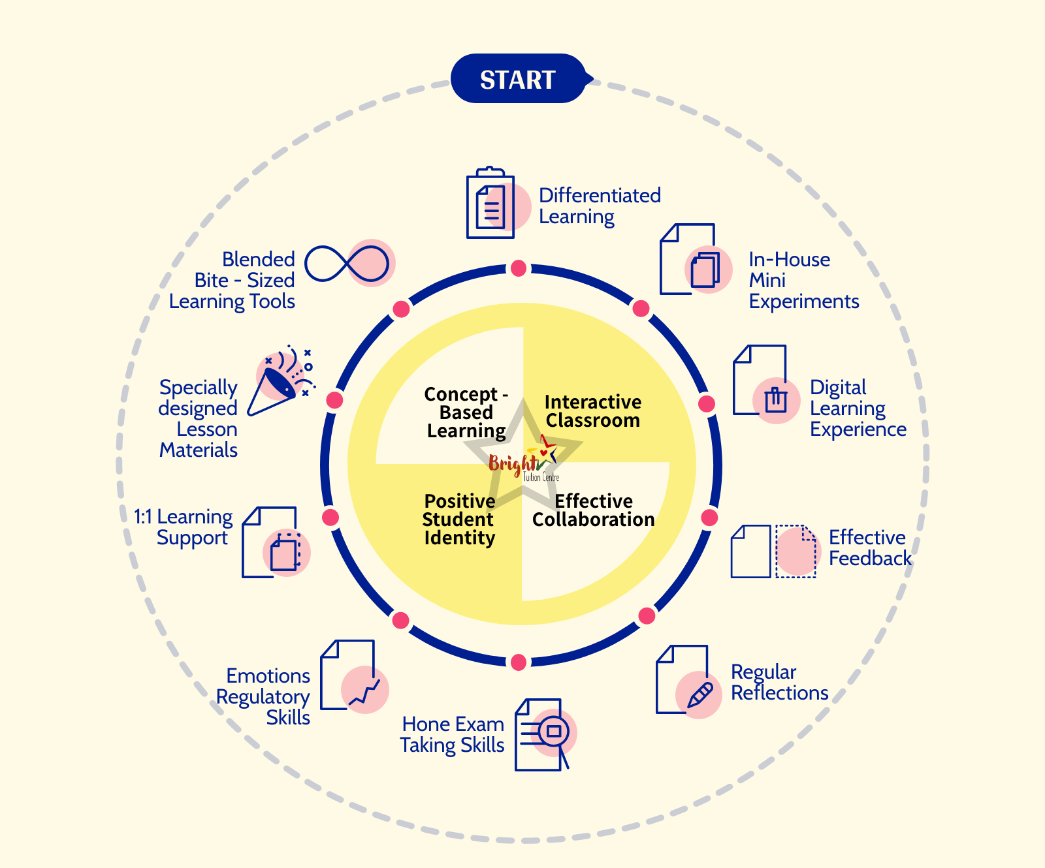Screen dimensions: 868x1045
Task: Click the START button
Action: click(x=518, y=79)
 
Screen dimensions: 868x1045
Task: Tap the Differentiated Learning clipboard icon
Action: click(x=491, y=204)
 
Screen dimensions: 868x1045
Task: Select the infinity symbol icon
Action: click(x=348, y=264)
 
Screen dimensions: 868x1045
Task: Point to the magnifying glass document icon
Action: click(x=544, y=735)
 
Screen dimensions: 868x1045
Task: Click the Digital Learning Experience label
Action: click(x=858, y=408)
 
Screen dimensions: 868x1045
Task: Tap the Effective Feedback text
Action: click(x=869, y=548)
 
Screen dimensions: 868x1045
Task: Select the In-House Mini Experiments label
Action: click(x=803, y=280)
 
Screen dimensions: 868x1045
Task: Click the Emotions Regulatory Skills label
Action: click(x=264, y=696)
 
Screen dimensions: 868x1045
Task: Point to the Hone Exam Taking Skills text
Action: click(x=453, y=734)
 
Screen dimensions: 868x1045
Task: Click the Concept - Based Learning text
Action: click(x=466, y=412)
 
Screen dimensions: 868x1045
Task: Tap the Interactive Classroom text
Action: click(x=593, y=411)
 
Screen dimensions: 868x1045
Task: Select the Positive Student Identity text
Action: click(x=459, y=519)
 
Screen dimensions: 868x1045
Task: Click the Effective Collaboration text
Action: click(x=593, y=510)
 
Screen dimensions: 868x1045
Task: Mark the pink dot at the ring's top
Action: click(x=519, y=268)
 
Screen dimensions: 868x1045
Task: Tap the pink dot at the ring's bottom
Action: click(x=519, y=662)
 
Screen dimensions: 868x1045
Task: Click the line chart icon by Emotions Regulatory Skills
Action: click(x=364, y=691)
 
